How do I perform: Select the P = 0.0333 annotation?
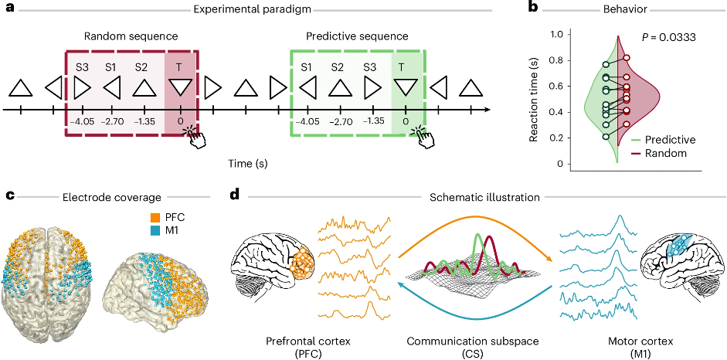click(x=668, y=38)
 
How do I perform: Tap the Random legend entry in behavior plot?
click(x=661, y=154)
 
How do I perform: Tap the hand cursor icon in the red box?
click(x=195, y=138)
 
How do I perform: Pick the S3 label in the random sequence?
click(x=82, y=66)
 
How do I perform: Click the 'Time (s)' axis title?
click(x=247, y=164)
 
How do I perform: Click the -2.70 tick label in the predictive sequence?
click(x=340, y=122)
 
